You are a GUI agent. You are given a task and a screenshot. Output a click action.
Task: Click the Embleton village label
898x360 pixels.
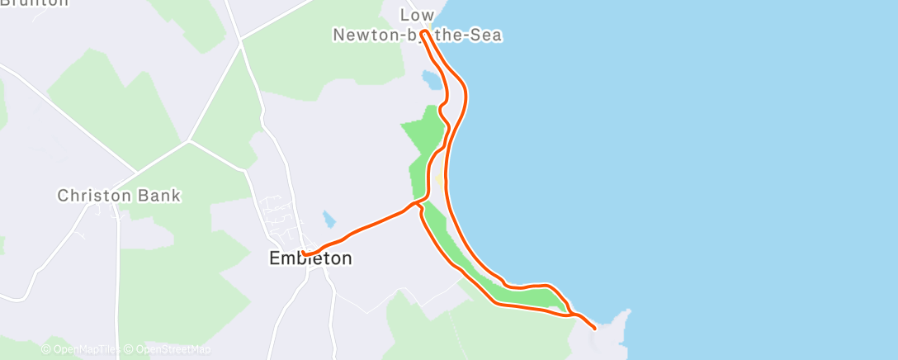click(x=310, y=258)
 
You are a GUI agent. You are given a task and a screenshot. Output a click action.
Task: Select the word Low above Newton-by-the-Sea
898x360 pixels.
click(x=417, y=15)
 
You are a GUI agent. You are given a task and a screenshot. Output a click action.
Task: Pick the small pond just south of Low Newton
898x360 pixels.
click(x=431, y=80)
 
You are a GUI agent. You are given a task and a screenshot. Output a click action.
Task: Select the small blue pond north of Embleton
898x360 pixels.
click(x=329, y=219)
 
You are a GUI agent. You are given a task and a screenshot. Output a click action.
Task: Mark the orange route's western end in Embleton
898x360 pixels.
click(x=304, y=253)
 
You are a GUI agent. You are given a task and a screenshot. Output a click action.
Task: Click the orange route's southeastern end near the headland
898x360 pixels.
click(x=594, y=329)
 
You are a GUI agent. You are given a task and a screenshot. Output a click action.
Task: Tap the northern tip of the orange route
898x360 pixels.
click(x=423, y=33)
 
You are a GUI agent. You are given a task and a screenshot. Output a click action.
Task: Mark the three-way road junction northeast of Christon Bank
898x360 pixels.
click(x=189, y=141)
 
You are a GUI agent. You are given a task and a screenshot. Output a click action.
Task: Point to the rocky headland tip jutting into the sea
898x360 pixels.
click(x=629, y=312)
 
